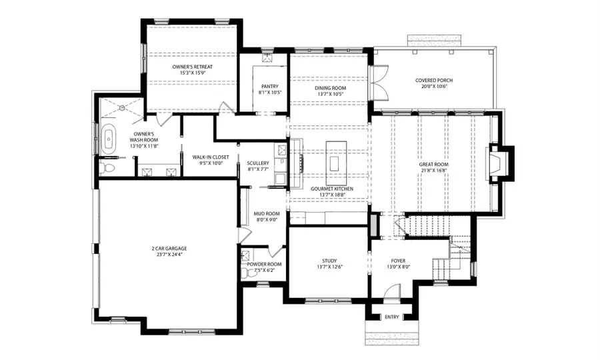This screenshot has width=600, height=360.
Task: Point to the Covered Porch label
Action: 433,80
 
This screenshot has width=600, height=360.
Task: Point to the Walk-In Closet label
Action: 211,157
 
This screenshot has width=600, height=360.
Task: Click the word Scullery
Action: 257,163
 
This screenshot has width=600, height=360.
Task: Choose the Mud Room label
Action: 265,213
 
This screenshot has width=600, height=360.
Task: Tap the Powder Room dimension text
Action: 264,271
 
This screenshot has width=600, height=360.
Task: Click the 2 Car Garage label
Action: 169,249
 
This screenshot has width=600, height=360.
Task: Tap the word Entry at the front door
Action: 392,317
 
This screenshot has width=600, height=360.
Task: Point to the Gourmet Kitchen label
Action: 331,189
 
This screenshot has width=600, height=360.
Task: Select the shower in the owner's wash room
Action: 121,108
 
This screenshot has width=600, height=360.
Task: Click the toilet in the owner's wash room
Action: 107,166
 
